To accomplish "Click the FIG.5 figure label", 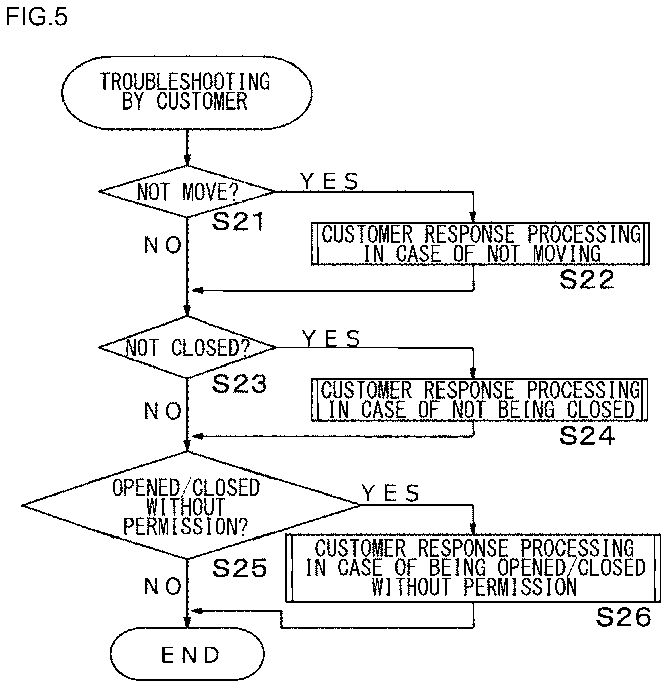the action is point(37,17).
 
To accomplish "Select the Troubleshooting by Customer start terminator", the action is point(187,93).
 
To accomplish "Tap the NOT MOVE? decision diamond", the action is point(187,192).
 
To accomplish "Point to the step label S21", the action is point(238,221).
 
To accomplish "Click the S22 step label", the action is point(587,279).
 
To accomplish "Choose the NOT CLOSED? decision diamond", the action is point(187,347).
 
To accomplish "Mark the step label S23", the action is point(239,383).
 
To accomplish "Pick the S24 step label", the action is point(587,436).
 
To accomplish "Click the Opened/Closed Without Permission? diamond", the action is point(191,506).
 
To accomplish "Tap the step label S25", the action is point(239,568).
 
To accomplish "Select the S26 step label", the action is point(623,617).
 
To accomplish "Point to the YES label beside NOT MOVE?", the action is point(329,181).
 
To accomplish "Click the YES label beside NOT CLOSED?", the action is point(331,338).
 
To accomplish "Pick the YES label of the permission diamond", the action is point(390,493).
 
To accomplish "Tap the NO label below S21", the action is point(163,245).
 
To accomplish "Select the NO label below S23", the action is point(163,411).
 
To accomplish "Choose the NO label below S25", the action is point(163,586).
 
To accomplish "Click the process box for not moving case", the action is point(480,244).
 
